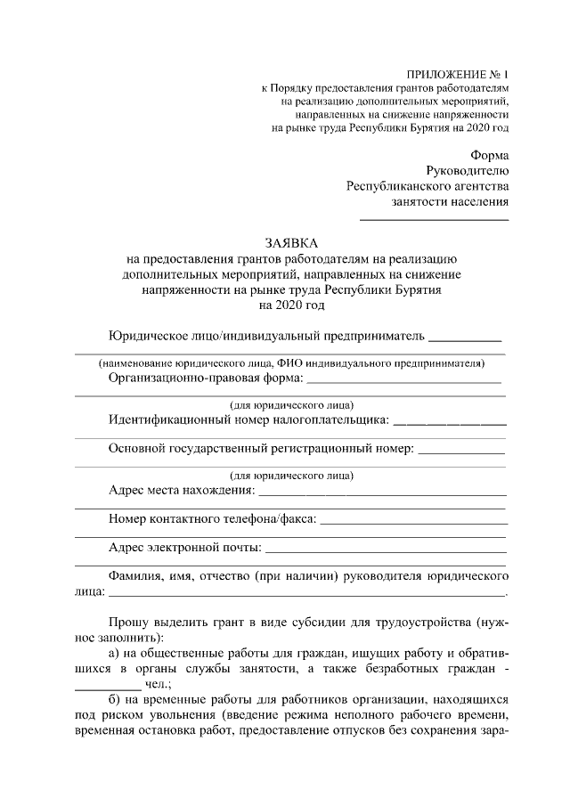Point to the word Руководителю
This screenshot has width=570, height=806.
tap(468, 170)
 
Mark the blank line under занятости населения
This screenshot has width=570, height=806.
tap(434, 219)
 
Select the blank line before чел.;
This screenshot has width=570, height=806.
tap(107, 688)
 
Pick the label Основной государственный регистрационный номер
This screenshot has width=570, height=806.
tap(261, 449)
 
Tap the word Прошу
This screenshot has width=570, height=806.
tap(129, 620)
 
